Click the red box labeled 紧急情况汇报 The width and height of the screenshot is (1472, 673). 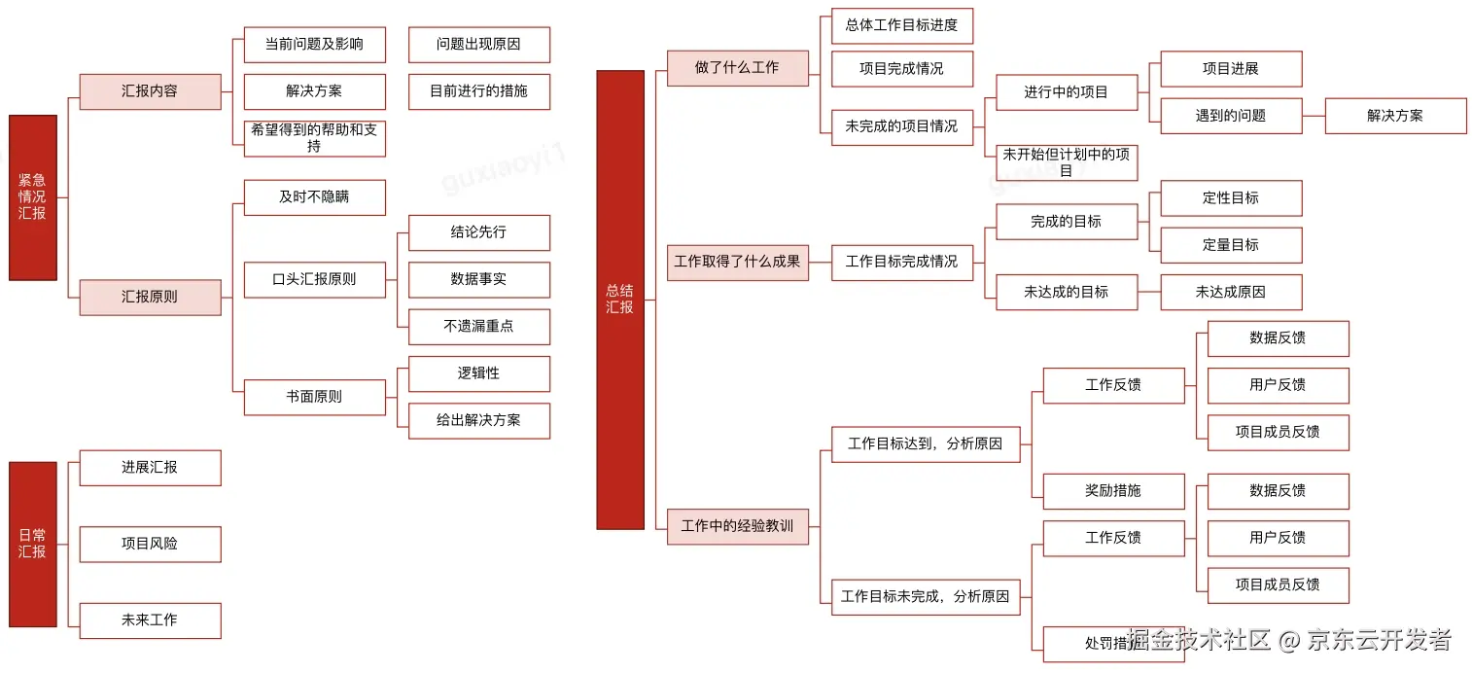tap(33, 197)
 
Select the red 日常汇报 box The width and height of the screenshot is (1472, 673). tap(33, 544)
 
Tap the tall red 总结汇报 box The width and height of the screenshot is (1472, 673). tap(620, 300)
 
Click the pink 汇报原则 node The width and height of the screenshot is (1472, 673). tap(150, 297)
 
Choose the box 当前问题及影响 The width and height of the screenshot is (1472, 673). tap(314, 45)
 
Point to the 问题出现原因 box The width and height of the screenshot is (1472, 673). tap(478, 45)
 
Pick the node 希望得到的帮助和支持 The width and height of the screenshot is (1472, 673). tap(314, 138)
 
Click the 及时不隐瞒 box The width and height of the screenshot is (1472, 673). tap(314, 197)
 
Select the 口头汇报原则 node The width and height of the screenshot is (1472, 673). tap(314, 279)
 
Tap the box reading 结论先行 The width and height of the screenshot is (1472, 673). tap(478, 232)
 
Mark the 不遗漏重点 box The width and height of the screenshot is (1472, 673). tap(478, 327)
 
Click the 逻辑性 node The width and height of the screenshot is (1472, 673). tap(478, 373)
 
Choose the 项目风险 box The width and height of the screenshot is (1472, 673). tap(150, 544)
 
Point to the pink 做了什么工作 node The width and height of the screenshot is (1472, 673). tap(737, 68)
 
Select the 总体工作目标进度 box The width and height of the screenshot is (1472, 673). tap(901, 25)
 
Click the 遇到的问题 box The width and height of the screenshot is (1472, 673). tap(1230, 116)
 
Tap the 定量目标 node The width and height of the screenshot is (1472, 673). tap(1230, 245)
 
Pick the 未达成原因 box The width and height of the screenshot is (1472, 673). tap(1230, 292)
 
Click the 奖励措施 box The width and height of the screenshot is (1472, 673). tap(1113, 491)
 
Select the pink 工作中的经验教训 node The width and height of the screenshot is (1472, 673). tap(737, 526)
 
